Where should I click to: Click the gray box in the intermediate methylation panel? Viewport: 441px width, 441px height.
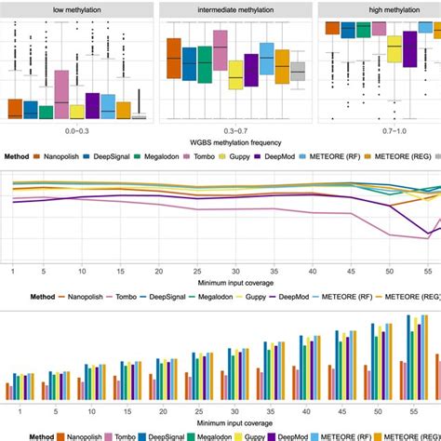pos(298,72)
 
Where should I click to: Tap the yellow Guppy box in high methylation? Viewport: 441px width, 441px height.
pos(394,47)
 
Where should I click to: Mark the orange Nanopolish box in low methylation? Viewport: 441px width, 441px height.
pos(14,108)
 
